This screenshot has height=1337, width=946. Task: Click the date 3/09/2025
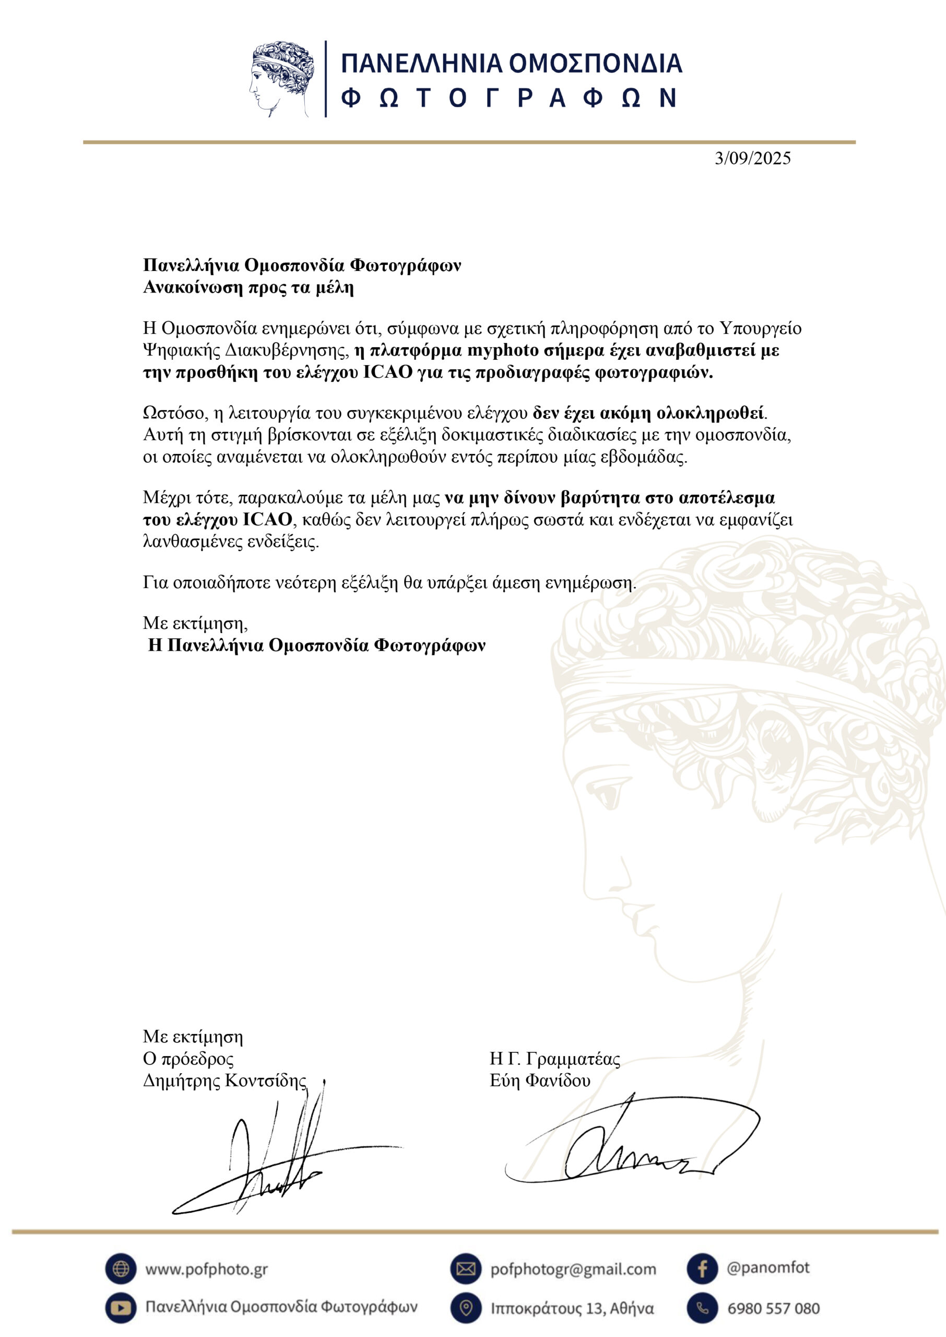753,158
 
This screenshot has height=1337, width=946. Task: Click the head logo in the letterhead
282,78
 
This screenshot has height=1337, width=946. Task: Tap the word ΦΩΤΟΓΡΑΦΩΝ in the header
509,98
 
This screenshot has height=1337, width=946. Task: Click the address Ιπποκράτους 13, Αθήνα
572,1308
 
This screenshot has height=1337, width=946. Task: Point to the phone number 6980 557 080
773,1308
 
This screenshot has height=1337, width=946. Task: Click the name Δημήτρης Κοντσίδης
225,1081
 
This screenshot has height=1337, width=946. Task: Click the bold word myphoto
503,351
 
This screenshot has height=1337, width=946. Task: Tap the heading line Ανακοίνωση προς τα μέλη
249,287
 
